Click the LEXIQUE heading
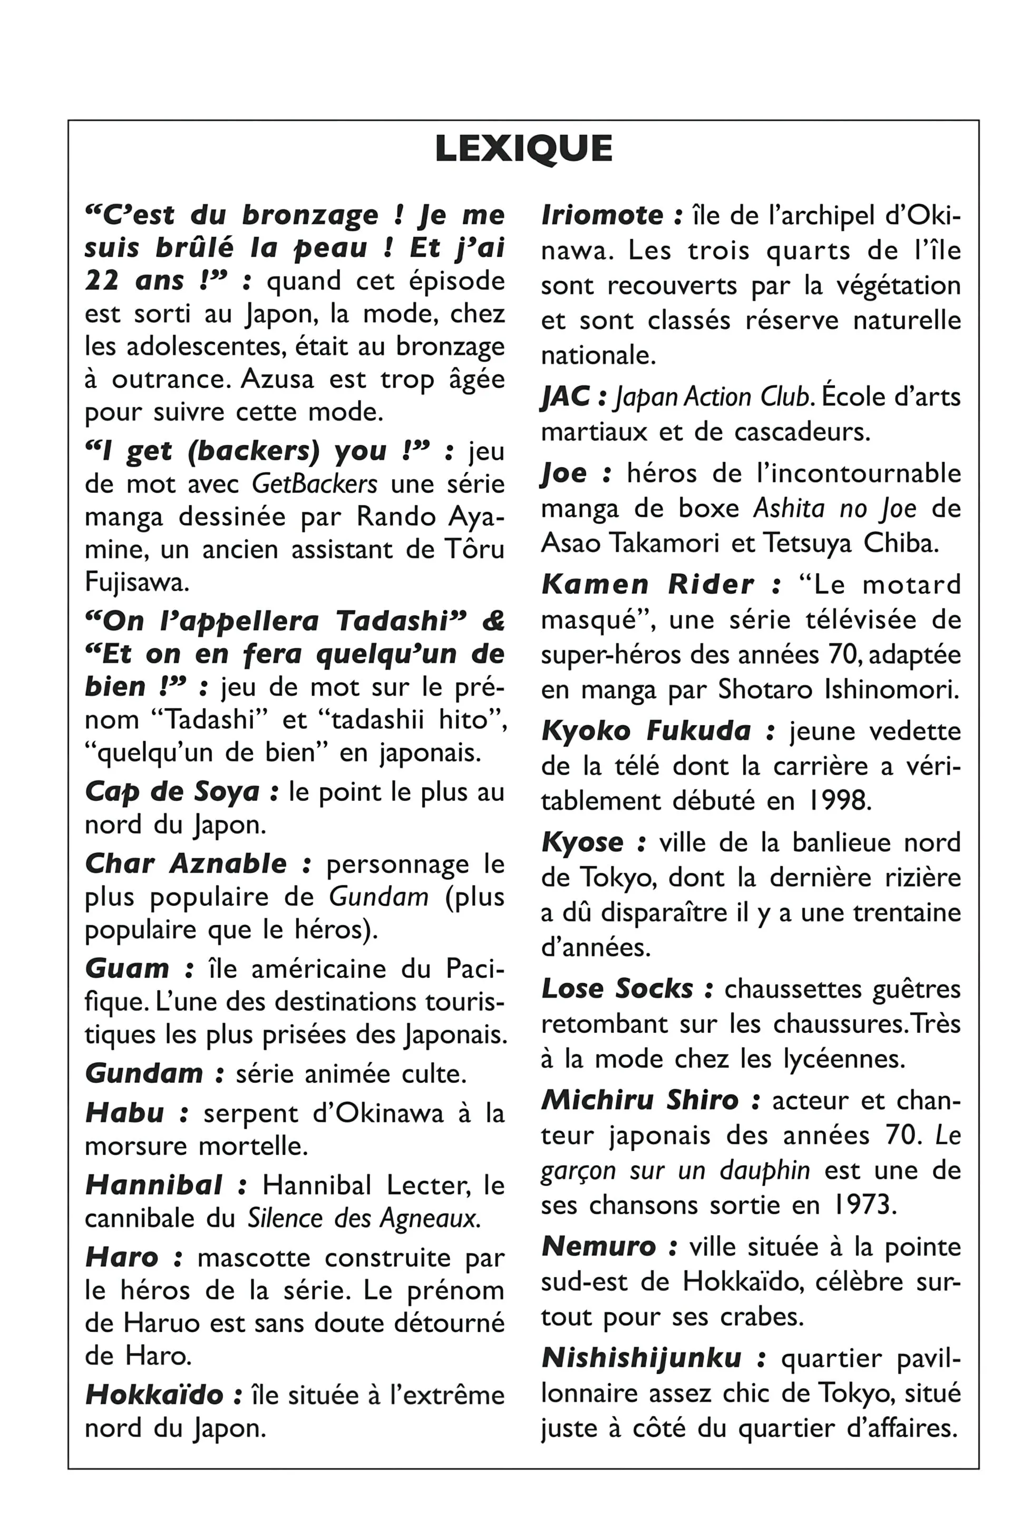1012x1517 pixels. pos(523,149)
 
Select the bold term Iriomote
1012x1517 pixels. pos(602,216)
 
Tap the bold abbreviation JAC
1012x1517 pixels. pos(566,397)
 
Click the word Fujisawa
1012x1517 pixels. pos(136,582)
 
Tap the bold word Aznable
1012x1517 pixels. pos(228,863)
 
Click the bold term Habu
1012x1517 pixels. pos(124,1113)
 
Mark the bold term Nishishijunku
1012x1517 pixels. pos(641,1358)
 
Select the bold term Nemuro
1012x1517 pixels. pos(598,1246)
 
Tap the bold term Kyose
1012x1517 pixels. pos(582,842)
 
